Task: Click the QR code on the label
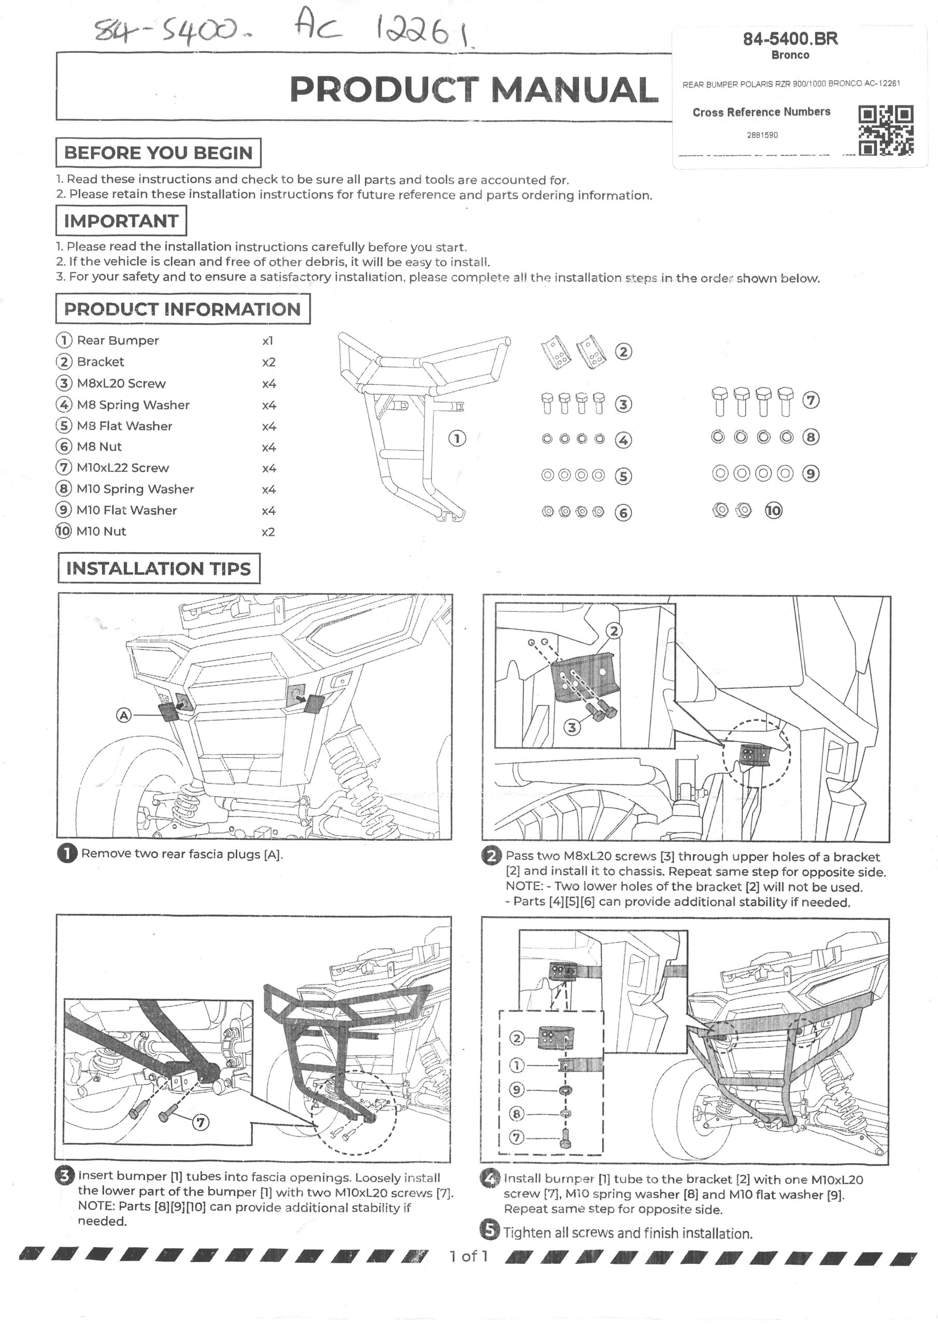886,130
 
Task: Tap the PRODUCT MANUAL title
473,90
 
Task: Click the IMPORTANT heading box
121,221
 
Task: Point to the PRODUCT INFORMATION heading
182,309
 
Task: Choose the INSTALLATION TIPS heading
159,568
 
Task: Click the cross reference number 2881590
762,135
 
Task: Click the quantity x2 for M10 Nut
268,531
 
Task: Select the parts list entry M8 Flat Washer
124,426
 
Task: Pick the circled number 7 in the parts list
63,468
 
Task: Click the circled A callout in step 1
124,715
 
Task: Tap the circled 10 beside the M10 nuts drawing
773,511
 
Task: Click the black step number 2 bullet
491,856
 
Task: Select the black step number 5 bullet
490,1231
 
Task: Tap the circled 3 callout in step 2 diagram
572,727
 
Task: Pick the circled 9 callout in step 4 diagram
516,1090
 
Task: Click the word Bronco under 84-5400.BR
790,55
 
